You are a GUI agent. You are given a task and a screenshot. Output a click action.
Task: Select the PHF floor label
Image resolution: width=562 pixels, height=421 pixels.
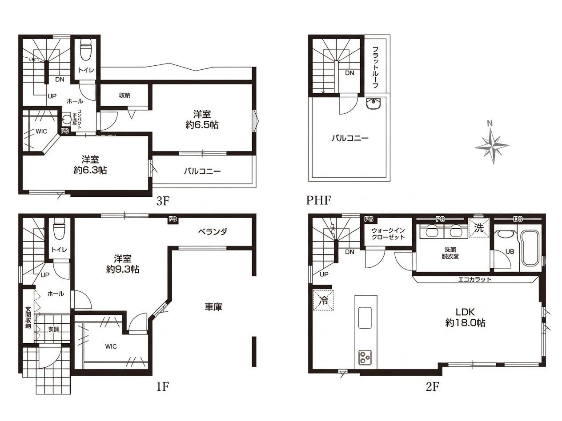click(318, 200)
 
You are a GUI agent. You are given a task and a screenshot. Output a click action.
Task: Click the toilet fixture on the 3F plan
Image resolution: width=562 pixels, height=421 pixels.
click(85, 50)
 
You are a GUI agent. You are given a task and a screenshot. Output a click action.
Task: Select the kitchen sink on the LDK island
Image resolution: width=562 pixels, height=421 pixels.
click(365, 318)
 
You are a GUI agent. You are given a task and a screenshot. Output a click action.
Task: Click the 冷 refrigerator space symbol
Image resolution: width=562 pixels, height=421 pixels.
click(323, 300)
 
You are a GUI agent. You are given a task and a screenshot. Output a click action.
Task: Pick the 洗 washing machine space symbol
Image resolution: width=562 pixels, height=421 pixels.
click(479, 228)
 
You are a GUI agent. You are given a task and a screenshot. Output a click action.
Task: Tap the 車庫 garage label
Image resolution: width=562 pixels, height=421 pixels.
click(213, 307)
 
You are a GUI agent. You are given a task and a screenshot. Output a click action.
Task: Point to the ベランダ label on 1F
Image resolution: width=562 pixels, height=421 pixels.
click(213, 232)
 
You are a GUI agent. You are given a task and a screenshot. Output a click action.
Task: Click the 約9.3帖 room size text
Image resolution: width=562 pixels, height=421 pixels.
click(123, 270)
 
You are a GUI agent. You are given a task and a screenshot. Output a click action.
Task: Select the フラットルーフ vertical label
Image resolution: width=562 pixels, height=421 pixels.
click(375, 68)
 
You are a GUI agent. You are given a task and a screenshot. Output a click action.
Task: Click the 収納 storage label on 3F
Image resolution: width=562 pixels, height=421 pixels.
click(124, 95)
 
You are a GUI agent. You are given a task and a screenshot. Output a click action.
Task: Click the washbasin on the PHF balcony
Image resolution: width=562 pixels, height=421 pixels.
click(373, 103)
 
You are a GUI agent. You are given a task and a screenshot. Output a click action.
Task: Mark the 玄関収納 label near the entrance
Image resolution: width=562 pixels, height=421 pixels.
click(28, 318)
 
